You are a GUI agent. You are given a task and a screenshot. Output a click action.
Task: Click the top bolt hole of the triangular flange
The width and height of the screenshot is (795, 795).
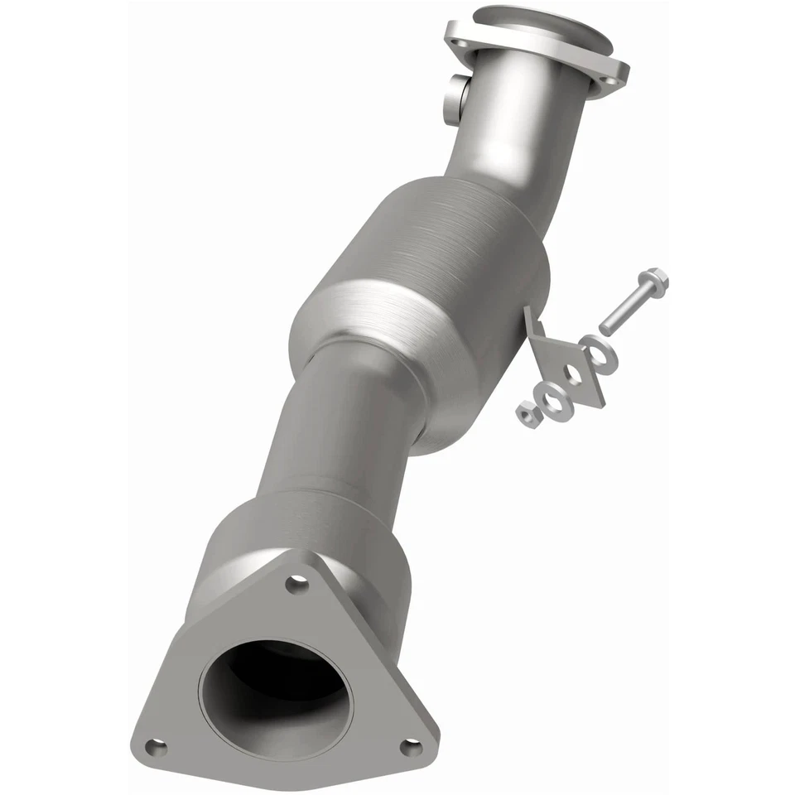point(291,585)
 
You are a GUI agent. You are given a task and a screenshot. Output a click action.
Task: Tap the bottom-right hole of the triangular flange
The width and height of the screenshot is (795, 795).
point(407,746)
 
